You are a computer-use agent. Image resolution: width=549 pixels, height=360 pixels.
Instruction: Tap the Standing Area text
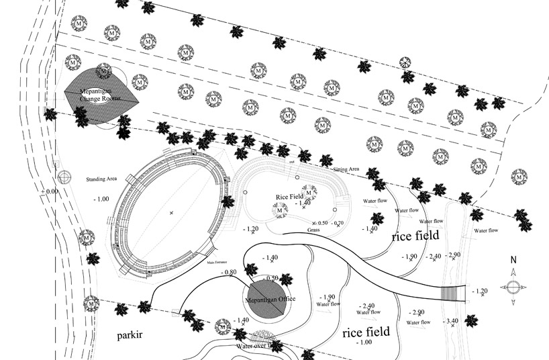(x=103, y=180)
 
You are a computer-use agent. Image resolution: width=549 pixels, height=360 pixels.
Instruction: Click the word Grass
(x=313, y=230)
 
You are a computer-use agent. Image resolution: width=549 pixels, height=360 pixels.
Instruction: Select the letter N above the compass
(x=512, y=260)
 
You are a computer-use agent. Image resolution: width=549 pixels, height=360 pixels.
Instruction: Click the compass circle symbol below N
(x=512, y=287)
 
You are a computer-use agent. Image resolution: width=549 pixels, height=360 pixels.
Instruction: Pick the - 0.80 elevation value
(x=229, y=272)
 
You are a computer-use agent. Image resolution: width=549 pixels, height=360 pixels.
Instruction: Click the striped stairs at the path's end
(x=452, y=293)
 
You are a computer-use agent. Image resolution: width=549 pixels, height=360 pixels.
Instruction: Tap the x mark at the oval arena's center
(x=171, y=213)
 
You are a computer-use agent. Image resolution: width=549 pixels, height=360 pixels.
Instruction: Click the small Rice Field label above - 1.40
(x=290, y=197)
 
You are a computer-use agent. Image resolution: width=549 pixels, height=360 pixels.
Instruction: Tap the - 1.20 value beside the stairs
(x=479, y=291)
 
